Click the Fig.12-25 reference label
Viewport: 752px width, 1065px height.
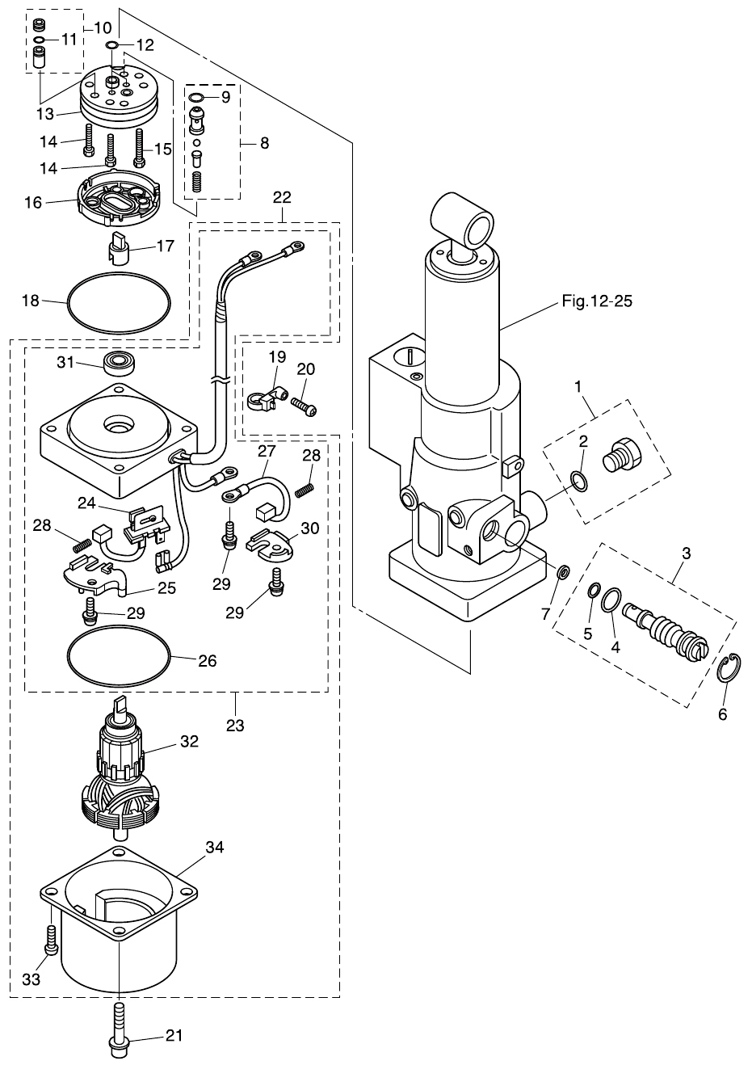pyautogui.click(x=596, y=301)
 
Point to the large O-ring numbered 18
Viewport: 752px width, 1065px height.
pyautogui.click(x=120, y=303)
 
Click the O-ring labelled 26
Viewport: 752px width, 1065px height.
pyautogui.click(x=120, y=659)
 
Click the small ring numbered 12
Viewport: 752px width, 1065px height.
pyautogui.click(x=113, y=44)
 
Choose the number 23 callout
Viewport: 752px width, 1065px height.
pyautogui.click(x=234, y=726)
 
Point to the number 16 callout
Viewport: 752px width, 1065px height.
pyautogui.click(x=32, y=202)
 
